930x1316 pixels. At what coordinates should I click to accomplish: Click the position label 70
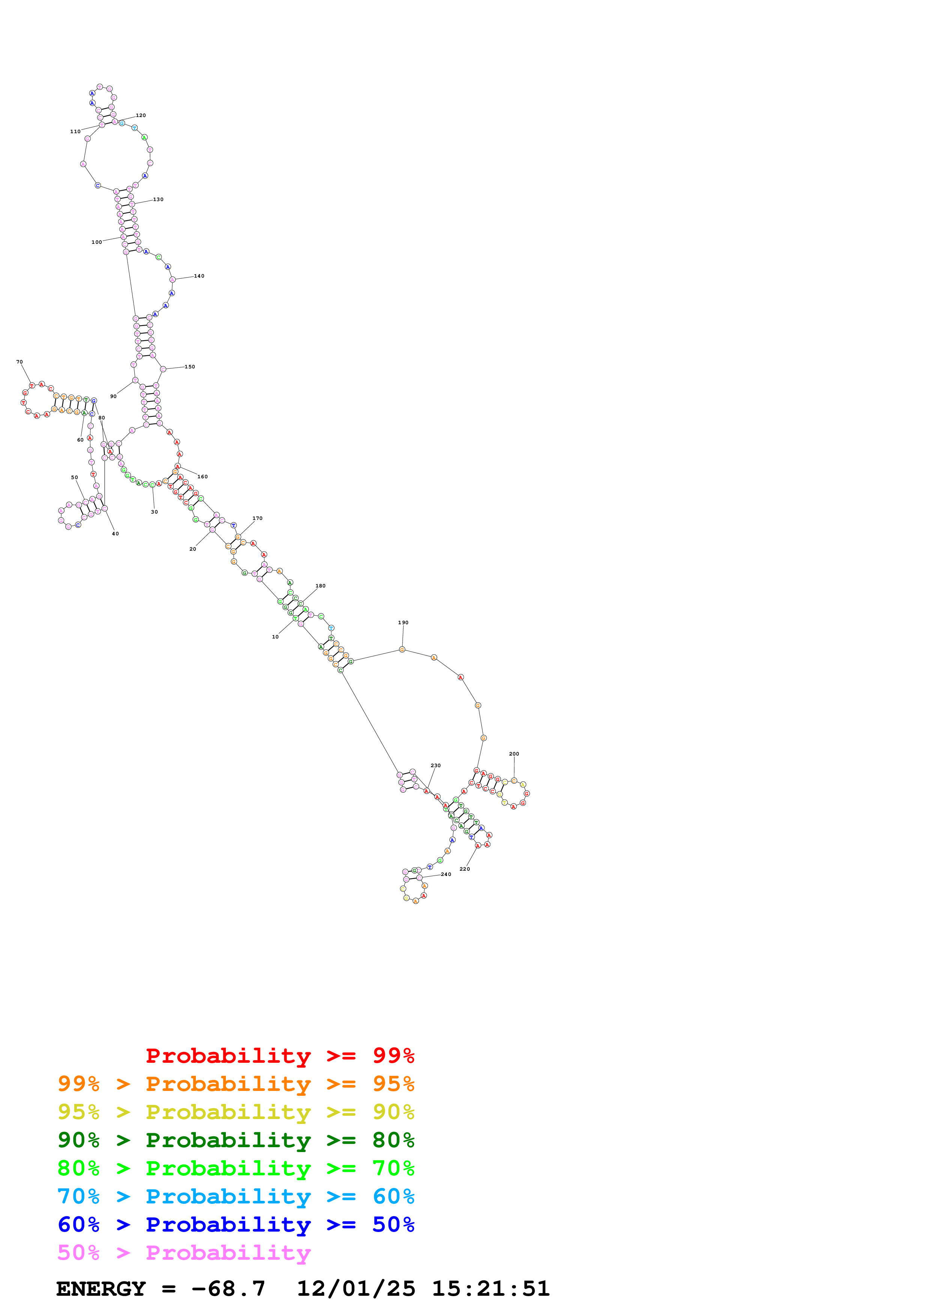20,362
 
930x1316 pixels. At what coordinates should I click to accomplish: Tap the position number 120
140,115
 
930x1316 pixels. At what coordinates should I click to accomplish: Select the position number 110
75,131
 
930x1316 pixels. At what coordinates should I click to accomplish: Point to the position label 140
199,276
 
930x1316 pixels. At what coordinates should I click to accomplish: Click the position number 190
403,622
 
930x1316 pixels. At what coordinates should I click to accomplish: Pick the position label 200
514,754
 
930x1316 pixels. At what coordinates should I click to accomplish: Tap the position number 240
446,874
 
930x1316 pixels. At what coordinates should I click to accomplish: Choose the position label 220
465,869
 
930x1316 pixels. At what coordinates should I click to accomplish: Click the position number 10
275,637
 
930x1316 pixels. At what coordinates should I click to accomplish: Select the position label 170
257,518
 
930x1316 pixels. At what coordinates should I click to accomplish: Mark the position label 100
96,242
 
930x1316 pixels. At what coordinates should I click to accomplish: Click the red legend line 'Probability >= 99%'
279,1056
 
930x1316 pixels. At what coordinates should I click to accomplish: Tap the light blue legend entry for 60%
236,1196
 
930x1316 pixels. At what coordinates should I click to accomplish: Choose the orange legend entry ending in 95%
236,1084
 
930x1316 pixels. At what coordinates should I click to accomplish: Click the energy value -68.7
228,1289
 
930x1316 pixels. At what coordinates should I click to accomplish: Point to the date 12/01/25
356,1289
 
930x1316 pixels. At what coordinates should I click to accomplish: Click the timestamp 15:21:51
490,1289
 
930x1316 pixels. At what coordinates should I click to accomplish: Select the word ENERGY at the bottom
101,1289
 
